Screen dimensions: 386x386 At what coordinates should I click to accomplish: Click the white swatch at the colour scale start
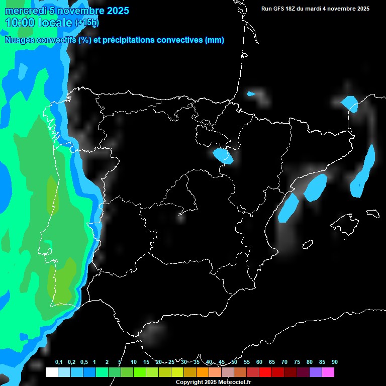tap(51, 372)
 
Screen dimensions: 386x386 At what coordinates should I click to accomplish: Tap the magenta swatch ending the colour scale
tap(328, 372)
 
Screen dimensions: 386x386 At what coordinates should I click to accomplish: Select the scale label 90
tap(334, 362)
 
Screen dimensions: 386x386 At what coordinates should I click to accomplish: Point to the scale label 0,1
tap(59, 362)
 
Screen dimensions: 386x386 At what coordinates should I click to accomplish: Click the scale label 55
tap(246, 362)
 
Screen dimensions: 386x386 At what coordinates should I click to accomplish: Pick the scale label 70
tap(284, 362)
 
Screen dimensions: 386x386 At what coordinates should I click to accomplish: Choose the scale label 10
tap(133, 362)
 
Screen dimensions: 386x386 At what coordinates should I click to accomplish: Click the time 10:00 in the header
tap(20, 23)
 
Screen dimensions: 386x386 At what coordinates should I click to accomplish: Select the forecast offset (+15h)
tap(87, 23)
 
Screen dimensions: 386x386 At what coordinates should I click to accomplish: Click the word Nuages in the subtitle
tap(20, 40)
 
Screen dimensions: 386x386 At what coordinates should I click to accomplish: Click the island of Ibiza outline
tap(308, 244)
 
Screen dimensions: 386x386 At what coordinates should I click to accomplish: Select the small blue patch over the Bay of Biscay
tap(251, 93)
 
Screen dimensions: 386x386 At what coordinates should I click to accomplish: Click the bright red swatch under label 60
tap(265, 372)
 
